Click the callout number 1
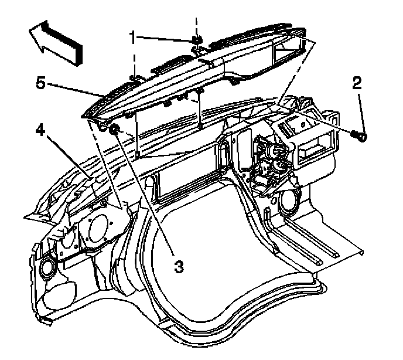[133, 37]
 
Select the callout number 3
[179, 267]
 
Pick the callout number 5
[40, 83]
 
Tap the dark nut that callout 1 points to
[197, 40]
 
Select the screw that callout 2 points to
[360, 137]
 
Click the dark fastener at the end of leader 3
[115, 128]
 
